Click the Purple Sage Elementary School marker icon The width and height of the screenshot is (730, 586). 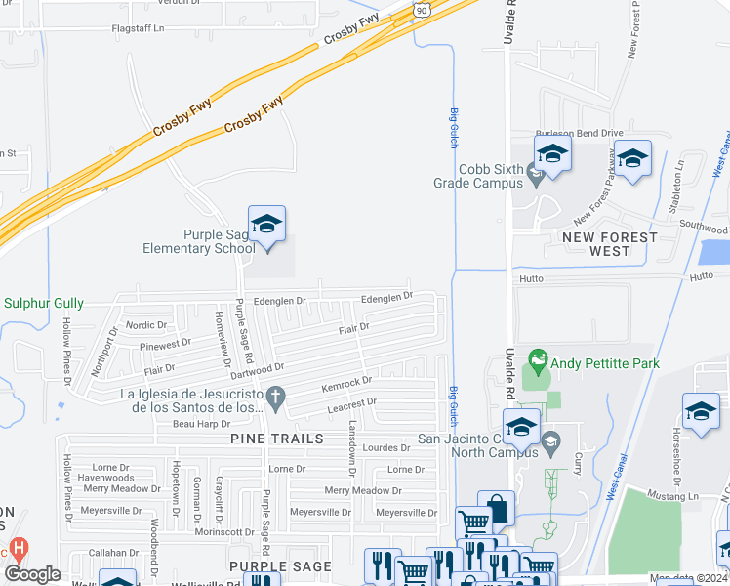click(266, 224)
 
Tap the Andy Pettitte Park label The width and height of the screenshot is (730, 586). click(604, 363)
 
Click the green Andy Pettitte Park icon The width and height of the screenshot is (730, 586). click(536, 359)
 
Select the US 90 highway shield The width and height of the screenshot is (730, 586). click(421, 9)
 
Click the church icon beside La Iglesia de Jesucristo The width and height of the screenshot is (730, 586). click(277, 397)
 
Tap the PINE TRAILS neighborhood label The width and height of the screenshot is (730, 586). click(277, 439)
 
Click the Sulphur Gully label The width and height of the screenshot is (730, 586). click(44, 304)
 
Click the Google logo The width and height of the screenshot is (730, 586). click(32, 574)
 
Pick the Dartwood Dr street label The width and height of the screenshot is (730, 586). click(257, 370)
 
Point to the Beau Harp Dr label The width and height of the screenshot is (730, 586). click(201, 424)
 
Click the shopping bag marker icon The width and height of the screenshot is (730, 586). click(497, 508)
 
